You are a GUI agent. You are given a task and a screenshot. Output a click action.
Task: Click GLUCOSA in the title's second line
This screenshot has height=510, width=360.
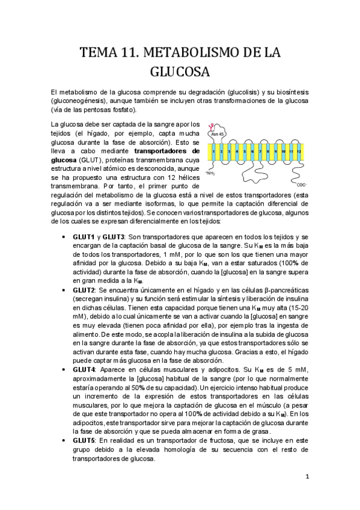click(x=179, y=72)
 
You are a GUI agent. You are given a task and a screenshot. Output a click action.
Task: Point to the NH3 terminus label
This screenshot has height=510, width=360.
click(x=210, y=174)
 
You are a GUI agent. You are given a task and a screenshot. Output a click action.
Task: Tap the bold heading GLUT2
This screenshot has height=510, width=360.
click(x=85, y=290)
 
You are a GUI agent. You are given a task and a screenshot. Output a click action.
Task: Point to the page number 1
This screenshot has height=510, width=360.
click(x=307, y=478)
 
